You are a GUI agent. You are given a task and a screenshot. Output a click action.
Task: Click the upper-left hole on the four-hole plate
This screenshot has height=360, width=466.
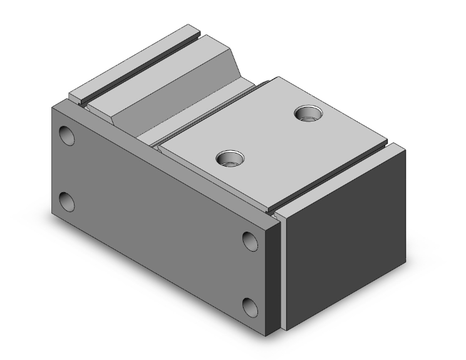pos(66,135)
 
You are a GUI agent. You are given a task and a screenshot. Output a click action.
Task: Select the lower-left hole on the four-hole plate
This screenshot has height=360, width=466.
pos(66,202)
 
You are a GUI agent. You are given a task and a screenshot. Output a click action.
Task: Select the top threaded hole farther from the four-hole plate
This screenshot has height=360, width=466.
pos(308,113)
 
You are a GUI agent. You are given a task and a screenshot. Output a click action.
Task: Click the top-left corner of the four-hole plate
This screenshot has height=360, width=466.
pos(51,106)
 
